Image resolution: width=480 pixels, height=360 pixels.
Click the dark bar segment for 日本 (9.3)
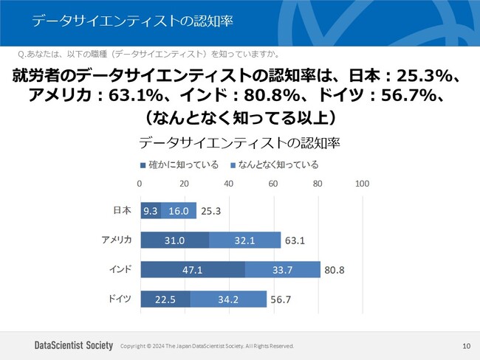pyautogui.click(x=151, y=211)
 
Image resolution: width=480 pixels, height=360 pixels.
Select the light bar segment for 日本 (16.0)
pyautogui.click(x=179, y=211)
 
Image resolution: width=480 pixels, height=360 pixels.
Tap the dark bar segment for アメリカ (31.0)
pyautogui.click(x=174, y=240)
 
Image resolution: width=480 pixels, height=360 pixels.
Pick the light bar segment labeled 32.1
pyautogui.click(x=244, y=240)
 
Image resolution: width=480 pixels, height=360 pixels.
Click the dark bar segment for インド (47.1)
pyautogui.click(x=192, y=270)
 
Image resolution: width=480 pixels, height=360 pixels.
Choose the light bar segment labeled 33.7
pyautogui.click(x=282, y=270)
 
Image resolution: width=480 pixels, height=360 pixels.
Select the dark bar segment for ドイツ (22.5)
pyautogui.click(x=165, y=299)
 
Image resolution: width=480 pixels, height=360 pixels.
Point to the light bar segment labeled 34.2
pyautogui.click(x=228, y=299)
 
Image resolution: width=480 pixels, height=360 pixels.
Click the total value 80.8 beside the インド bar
pyautogui.click(x=335, y=270)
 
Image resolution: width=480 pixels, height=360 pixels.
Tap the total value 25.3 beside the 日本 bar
pyautogui.click(x=210, y=211)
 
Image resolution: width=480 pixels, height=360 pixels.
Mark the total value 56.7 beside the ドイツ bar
pyautogui.click(x=281, y=299)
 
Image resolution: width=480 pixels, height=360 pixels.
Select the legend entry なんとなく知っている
pyautogui.click(x=274, y=165)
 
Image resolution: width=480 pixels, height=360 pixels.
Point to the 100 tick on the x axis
pyautogui.click(x=362, y=184)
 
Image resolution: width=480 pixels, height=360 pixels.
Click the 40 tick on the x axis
pyautogui.click(x=229, y=184)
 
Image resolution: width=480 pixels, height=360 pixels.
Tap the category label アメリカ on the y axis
pyautogui.click(x=117, y=240)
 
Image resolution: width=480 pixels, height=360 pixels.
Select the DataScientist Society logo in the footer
pyautogui.click(x=74, y=345)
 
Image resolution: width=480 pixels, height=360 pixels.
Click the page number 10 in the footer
pyautogui.click(x=466, y=345)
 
